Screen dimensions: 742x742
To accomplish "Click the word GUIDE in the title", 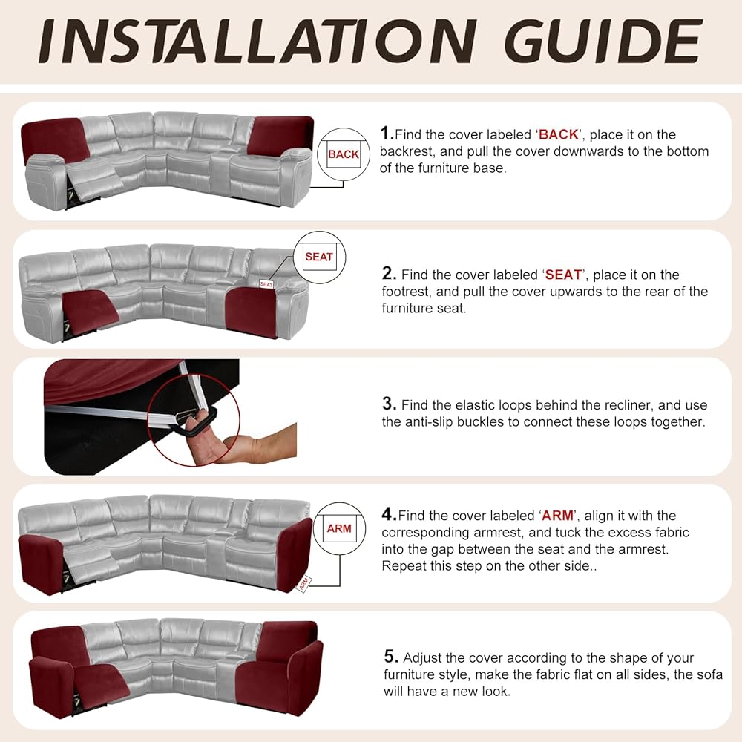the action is click(x=603, y=41).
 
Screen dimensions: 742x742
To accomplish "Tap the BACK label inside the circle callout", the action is click(x=344, y=154).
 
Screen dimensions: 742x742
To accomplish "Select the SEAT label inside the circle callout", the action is click(x=319, y=257).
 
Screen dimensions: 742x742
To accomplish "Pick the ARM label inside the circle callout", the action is click(x=339, y=528).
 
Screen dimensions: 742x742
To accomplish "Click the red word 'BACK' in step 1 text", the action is click(x=559, y=134).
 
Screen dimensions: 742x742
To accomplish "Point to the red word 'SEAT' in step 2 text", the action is click(x=564, y=275).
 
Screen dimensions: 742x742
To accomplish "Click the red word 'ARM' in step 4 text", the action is click(x=558, y=516).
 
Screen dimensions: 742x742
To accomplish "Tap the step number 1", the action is click(x=385, y=133).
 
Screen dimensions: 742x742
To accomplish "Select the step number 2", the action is click(x=388, y=273).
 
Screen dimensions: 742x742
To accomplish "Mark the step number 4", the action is click(x=387, y=514).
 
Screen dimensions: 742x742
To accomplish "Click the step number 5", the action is click(x=390, y=657).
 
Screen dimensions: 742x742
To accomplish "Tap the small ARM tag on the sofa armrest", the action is click(x=303, y=583).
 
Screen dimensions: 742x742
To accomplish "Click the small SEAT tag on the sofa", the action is click(x=266, y=284).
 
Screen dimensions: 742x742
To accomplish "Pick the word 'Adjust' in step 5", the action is click(x=423, y=658).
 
